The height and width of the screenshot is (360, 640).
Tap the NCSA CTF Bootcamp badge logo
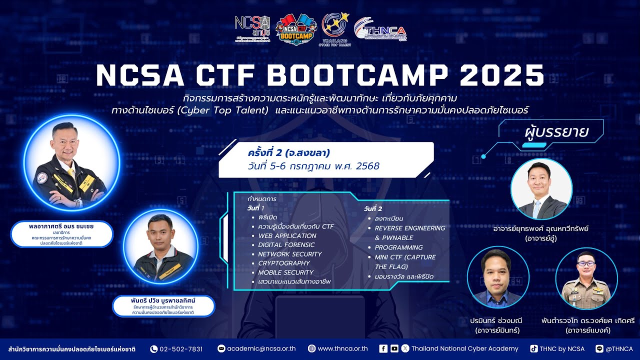pyautogui.click(x=296, y=30)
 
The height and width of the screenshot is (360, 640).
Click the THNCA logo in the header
pyautogui.click(x=380, y=30)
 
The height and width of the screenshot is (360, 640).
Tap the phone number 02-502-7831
pyautogui.click(x=181, y=349)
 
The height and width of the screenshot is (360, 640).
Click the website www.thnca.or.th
pyautogui.click(x=342, y=349)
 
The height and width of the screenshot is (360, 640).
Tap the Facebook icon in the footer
pyautogui.click(x=383, y=348)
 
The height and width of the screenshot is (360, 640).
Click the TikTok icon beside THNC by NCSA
pyautogui.click(x=534, y=348)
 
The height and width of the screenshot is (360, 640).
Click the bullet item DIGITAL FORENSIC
pyautogui.click(x=286, y=245)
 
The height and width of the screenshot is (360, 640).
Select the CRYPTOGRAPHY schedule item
pyautogui.click(x=284, y=263)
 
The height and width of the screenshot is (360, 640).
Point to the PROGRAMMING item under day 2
pyautogui.click(x=398, y=247)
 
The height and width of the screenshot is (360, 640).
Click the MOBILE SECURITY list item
pyautogui.click(x=285, y=272)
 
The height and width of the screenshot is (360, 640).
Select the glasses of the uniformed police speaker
pyautogui.click(x=585, y=263)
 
